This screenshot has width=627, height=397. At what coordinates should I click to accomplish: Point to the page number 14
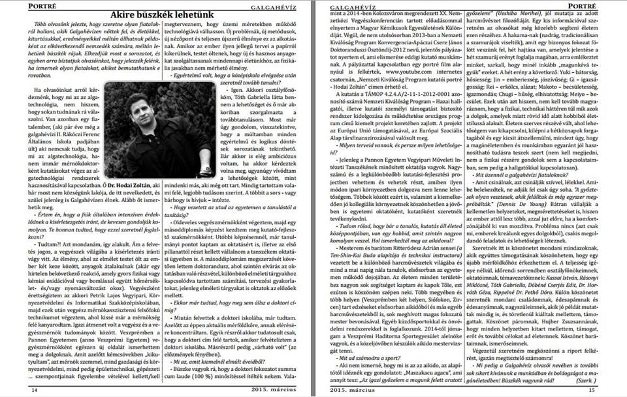33,390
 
